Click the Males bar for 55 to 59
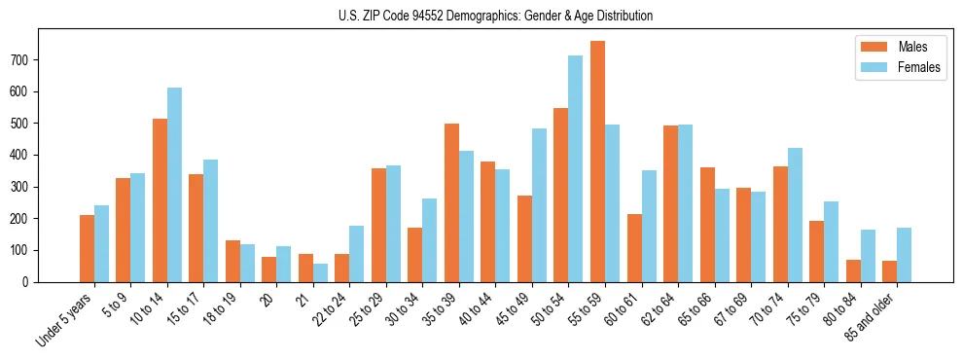point(597,162)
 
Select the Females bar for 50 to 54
point(576,168)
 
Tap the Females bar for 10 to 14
point(174,185)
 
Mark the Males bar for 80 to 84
point(853,270)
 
